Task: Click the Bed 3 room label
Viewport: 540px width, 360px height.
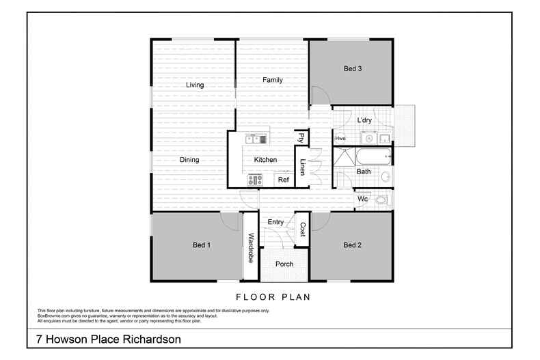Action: [352, 68]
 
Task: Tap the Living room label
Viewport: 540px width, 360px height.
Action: [195, 85]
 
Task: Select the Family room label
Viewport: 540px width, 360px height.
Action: [273, 80]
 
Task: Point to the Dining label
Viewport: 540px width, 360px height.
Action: [189, 160]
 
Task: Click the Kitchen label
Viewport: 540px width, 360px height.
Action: [265, 160]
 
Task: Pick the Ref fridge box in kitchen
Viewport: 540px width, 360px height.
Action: [283, 180]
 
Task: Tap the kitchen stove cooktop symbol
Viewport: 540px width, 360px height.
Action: [256, 180]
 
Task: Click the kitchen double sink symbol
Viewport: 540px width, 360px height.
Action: [257, 139]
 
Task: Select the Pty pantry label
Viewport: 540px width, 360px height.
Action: [301, 137]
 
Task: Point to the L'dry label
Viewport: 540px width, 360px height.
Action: [364, 121]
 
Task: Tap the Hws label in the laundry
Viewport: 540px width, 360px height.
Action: [340, 139]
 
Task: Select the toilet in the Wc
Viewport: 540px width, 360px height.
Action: [383, 199]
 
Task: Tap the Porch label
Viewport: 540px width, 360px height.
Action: [284, 264]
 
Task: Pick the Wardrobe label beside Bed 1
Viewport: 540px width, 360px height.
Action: [251, 248]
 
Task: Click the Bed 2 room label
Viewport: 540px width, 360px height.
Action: [352, 245]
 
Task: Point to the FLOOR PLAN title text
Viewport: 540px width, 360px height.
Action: [273, 297]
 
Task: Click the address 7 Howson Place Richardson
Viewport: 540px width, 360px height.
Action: [108, 340]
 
